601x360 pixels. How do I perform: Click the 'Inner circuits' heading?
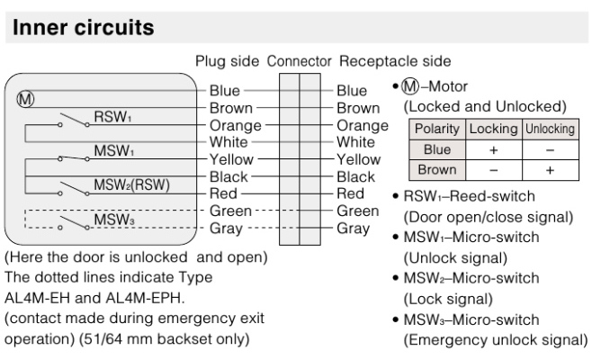click(x=83, y=28)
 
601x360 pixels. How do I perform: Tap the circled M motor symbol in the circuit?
click(x=25, y=99)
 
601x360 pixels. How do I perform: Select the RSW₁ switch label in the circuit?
click(x=112, y=116)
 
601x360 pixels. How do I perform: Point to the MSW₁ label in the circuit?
click(x=114, y=150)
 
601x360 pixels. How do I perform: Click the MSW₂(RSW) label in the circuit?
click(x=132, y=184)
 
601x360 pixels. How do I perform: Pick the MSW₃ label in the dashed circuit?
click(x=114, y=220)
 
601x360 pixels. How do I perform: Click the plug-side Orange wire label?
click(x=236, y=125)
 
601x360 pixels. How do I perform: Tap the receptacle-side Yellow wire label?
click(x=358, y=159)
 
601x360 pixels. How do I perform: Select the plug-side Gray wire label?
click(x=226, y=229)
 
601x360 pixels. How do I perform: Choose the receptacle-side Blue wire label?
click(x=352, y=91)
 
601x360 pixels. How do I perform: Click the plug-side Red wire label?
click(x=223, y=193)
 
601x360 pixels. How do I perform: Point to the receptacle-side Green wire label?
click(x=357, y=211)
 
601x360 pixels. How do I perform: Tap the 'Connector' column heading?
click(x=299, y=61)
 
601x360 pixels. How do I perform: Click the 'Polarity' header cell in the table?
click(x=437, y=129)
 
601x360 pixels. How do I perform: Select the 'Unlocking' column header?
click(x=550, y=129)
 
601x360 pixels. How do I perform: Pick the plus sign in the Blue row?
click(x=493, y=149)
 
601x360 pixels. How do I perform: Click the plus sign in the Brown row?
click(x=550, y=170)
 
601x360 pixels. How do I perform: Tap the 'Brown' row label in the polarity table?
click(x=437, y=170)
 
